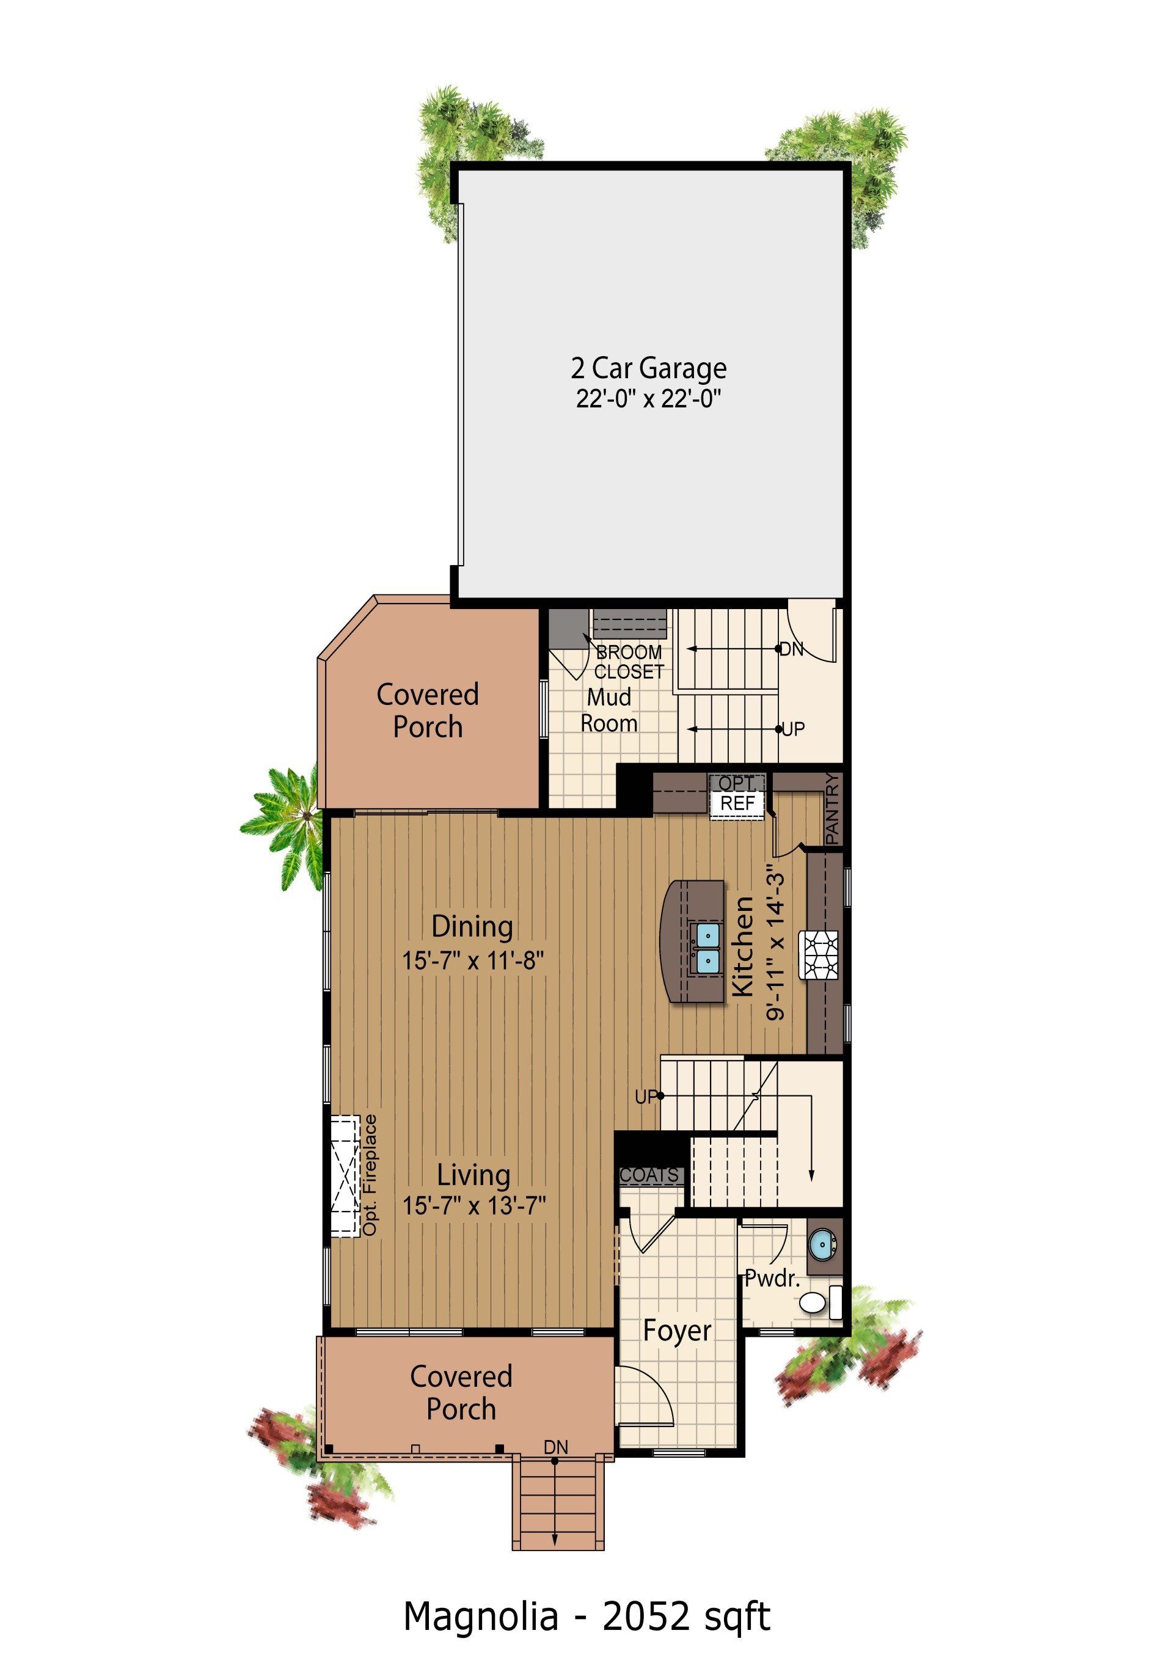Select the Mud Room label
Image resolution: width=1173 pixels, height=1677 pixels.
pyautogui.click(x=608, y=710)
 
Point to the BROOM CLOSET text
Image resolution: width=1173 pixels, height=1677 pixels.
pyautogui.click(x=629, y=662)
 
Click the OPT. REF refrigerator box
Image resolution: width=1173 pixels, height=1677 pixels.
pyautogui.click(x=737, y=795)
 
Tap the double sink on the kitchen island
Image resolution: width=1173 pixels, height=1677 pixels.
pyautogui.click(x=706, y=946)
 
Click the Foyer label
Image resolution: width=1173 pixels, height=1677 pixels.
pyautogui.click(x=677, y=1330)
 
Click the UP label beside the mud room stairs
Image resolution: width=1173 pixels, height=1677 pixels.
pyautogui.click(x=793, y=729)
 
